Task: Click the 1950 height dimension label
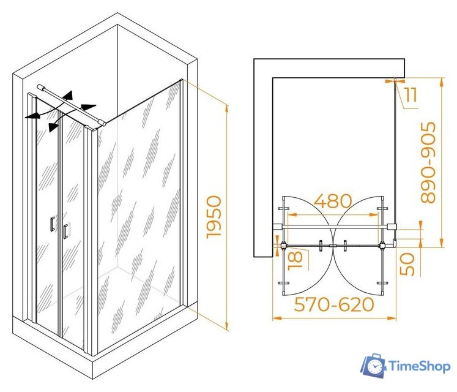tap(214, 217)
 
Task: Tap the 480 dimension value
tap(333, 201)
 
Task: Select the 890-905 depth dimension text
tap(428, 162)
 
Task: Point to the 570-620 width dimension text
tap(334, 304)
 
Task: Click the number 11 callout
tap(411, 94)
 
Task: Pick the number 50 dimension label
tap(407, 264)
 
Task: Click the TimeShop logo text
tap(420, 366)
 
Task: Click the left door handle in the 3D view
tap(53, 224)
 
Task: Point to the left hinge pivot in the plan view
tap(284, 246)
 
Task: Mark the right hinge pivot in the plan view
tap(382, 246)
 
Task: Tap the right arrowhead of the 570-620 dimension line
tap(392, 318)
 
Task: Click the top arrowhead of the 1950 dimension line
tap(227, 108)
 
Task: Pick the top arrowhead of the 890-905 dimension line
tap(442, 81)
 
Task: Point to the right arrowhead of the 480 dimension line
tap(374, 215)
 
